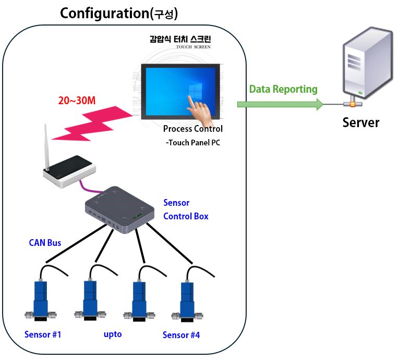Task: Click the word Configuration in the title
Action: coord(104,14)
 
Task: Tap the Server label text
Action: coord(360,122)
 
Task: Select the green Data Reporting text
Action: coord(283,89)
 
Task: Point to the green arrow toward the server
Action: coord(279,104)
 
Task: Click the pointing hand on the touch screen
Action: coord(199,107)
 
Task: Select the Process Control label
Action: coord(192,129)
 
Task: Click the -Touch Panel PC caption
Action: coord(192,142)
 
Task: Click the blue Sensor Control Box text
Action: coord(186,209)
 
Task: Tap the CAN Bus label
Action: coord(45,242)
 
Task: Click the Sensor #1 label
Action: coord(43,334)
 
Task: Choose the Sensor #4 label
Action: coord(181,335)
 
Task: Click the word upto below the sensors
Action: coord(112,334)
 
